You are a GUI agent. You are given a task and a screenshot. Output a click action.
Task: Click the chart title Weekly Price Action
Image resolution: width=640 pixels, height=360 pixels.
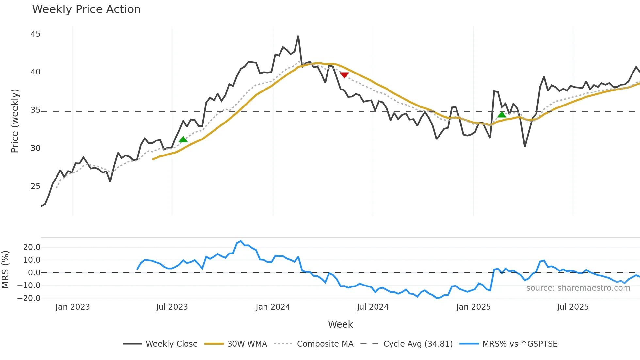(x=86, y=9)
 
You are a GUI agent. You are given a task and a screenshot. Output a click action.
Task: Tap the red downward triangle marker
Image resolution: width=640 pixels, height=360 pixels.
(x=344, y=75)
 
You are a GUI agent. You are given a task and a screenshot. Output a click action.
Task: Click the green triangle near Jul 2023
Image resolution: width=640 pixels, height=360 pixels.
(x=183, y=139)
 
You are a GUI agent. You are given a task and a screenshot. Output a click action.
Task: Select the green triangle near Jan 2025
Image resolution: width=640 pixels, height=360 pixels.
(x=502, y=114)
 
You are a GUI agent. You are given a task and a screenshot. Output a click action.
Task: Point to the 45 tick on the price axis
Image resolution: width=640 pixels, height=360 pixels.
(x=35, y=34)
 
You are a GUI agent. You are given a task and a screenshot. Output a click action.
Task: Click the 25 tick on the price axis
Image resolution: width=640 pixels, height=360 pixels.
(x=35, y=186)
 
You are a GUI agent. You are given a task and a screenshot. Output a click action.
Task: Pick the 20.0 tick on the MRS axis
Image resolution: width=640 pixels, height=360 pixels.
(x=32, y=247)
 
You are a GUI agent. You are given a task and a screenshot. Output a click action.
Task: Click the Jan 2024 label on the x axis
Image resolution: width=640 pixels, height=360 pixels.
(x=273, y=307)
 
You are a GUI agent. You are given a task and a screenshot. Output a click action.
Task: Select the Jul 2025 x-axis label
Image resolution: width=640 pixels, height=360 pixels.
(x=573, y=307)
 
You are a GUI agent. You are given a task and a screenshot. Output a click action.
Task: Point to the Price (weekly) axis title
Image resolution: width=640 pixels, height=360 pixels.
(x=15, y=121)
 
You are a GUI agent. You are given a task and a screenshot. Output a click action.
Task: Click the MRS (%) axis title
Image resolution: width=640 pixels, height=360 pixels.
(x=6, y=270)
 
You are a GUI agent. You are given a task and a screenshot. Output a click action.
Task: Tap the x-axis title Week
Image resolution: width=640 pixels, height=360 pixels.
(x=340, y=324)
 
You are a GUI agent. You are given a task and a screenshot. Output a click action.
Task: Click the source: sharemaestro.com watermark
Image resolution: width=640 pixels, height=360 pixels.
(x=578, y=288)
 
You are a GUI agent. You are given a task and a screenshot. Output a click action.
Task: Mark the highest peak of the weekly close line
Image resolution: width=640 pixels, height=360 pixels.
(x=298, y=36)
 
